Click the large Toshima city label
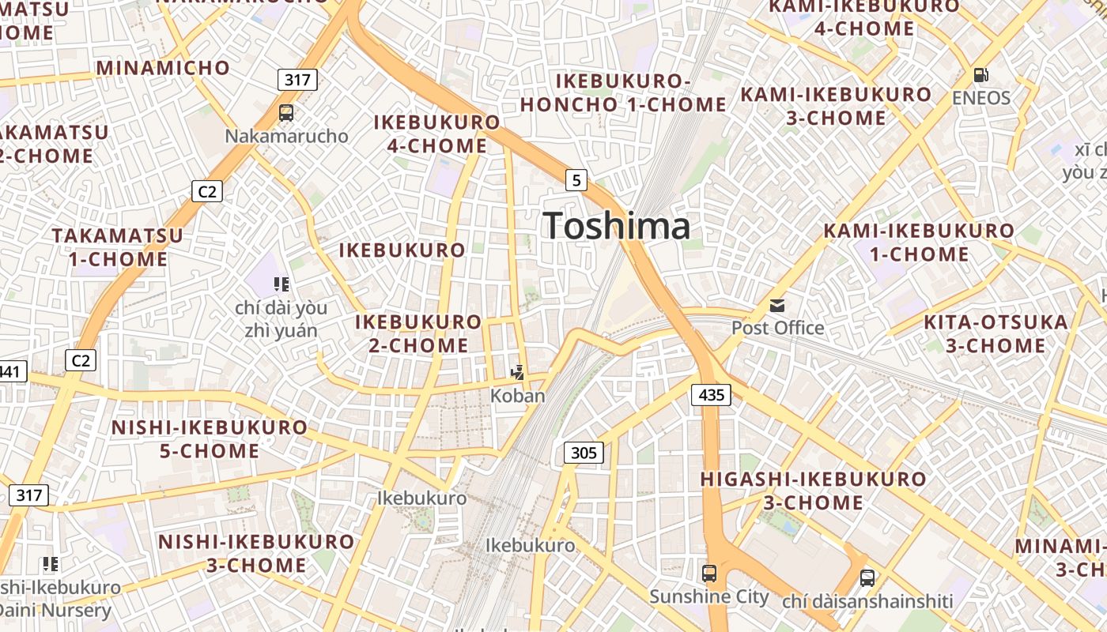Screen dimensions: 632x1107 [617, 226]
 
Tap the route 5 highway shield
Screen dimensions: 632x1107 [576, 180]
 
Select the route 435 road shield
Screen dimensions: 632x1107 [711, 394]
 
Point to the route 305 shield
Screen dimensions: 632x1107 [584, 453]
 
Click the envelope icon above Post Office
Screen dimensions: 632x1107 [777, 306]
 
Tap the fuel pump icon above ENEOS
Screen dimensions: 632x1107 [980, 75]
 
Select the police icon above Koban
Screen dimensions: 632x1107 [518, 372]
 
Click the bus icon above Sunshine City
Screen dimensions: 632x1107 [709, 574]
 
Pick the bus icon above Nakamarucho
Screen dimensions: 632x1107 [286, 113]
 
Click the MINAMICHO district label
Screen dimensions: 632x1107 [163, 68]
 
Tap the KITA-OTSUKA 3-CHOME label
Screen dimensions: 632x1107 [996, 333]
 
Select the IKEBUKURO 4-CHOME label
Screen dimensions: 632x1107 [436, 134]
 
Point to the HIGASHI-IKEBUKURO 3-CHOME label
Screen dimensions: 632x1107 [813, 491]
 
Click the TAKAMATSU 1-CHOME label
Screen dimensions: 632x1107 [117, 247]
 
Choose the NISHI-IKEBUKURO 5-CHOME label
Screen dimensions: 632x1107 [209, 439]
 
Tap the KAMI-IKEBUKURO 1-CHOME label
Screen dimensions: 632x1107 [919, 243]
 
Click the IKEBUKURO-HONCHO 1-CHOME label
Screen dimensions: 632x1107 [623, 92]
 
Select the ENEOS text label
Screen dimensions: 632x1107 [980, 98]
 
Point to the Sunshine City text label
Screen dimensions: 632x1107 [709, 596]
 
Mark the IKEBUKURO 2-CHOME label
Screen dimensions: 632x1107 [418, 333]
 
